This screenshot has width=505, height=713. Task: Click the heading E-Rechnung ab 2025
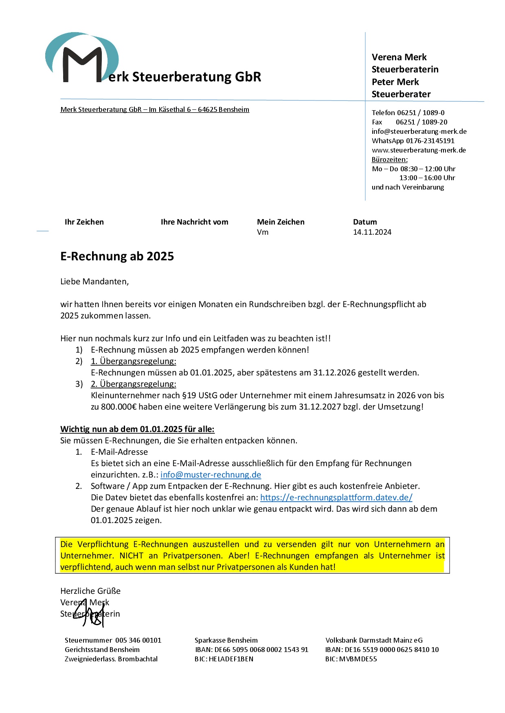click(117, 256)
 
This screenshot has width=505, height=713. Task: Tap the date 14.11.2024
click(372, 232)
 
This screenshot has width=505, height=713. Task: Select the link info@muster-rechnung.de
click(211, 475)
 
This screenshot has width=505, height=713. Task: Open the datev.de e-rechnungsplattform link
click(336, 497)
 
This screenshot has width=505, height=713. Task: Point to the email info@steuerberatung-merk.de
click(419, 131)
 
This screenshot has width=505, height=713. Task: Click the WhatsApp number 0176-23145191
click(430, 141)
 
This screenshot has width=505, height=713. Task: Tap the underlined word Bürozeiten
click(389, 159)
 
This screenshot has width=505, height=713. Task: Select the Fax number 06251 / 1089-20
click(422, 122)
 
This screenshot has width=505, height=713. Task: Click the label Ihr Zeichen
click(84, 222)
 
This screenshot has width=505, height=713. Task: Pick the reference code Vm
click(263, 232)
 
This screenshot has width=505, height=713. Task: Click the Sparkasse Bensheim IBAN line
click(252, 650)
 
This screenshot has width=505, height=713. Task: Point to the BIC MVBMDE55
click(351, 659)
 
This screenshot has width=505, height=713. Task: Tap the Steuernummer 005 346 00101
click(138, 640)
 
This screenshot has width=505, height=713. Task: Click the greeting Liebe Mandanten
click(94, 281)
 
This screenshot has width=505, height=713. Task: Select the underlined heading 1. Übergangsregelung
click(133, 361)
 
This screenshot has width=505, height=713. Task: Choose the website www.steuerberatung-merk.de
click(419, 150)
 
